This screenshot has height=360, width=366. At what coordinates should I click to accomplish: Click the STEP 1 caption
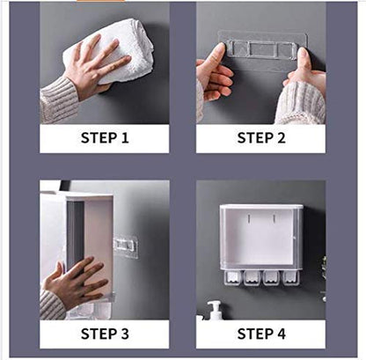105,137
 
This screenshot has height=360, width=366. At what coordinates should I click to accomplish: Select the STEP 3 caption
105,333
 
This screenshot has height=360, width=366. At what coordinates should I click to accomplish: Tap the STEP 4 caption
260,333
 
